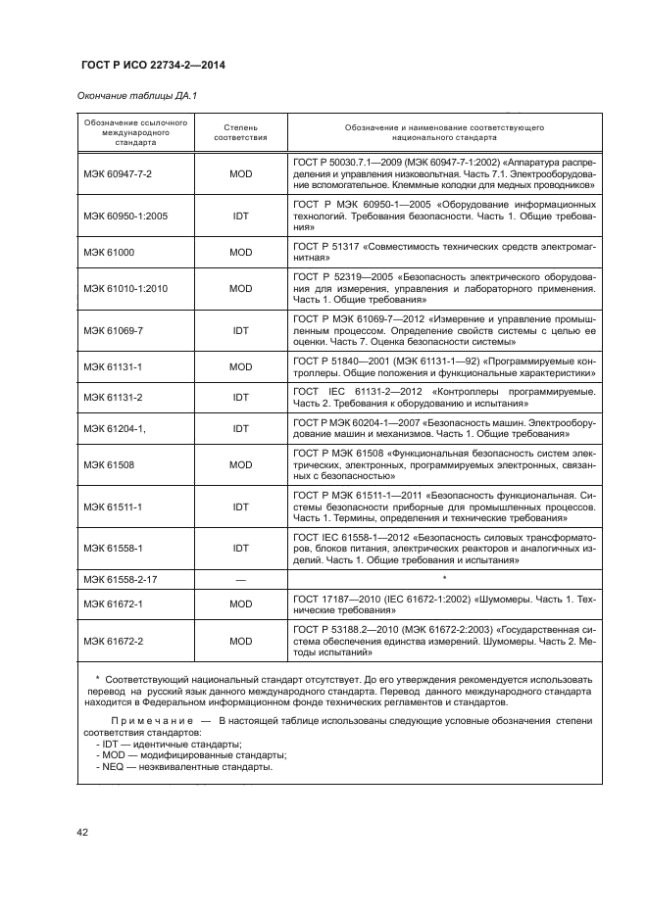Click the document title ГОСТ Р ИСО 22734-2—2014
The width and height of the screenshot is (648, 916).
pyautogui.click(x=145, y=66)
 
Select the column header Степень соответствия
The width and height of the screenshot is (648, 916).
pyautogui.click(x=240, y=134)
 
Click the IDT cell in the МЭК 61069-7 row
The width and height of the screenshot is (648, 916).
pyautogui.click(x=240, y=331)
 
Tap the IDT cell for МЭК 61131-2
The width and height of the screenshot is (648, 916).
pyautogui.click(x=240, y=397)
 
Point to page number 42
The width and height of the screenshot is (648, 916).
pyautogui.click(x=82, y=833)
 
